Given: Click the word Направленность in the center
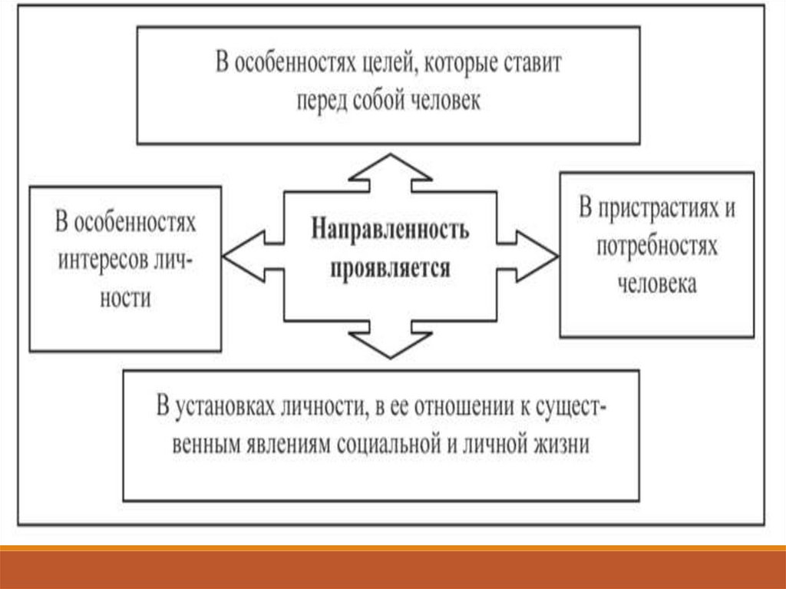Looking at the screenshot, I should point(389,230).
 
